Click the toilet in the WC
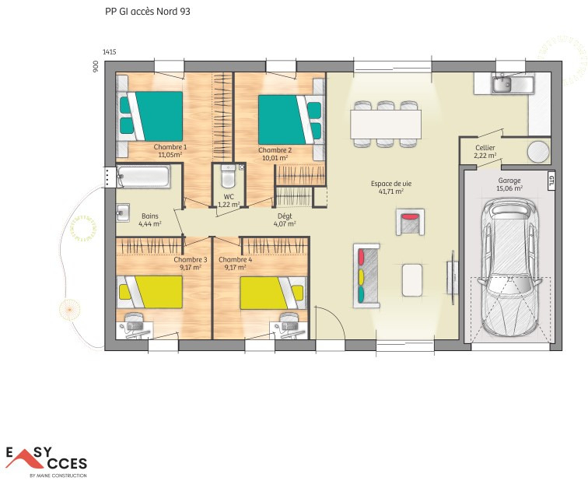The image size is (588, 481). click(228, 176)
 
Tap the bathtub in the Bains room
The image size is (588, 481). click(143, 177)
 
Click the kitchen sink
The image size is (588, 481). click(502, 83)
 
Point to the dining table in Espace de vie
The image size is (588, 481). click(386, 124)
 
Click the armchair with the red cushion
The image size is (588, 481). click(410, 222)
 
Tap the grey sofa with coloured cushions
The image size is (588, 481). click(366, 276)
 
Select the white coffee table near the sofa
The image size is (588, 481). click(412, 280)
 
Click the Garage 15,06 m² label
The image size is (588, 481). click(509, 184)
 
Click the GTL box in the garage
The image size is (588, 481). click(551, 181)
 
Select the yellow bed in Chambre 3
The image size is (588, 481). click(150, 293)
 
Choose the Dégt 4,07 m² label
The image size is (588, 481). click(285, 219)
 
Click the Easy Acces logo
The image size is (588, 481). click(46, 462)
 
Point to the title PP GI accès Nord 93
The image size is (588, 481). click(147, 12)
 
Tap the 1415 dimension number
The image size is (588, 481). click(109, 52)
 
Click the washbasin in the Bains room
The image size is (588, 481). click(123, 212)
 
